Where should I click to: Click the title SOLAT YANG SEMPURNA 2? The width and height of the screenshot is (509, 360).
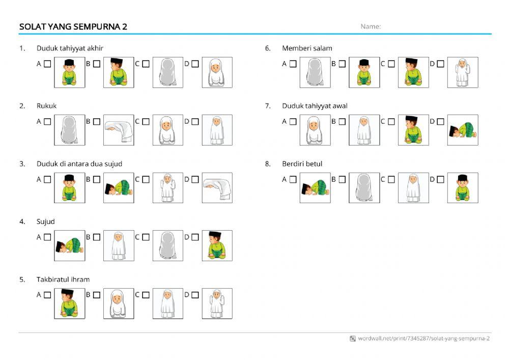coord(73,26)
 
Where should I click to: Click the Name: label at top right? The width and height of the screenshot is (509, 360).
coord(371,26)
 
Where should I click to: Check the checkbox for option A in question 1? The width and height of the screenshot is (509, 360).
coord(47,64)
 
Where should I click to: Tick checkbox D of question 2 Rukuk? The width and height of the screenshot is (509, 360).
coord(195,122)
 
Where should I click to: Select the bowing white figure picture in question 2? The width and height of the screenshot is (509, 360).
coord(119,130)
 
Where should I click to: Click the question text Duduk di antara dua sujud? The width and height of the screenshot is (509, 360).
coord(79,163)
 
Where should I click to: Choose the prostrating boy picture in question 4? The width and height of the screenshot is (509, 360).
coord(70,245)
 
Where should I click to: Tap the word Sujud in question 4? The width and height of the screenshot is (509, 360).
coord(45,221)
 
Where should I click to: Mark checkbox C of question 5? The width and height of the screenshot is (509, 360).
coord(146,295)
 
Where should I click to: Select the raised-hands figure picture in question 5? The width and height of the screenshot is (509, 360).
coord(217,303)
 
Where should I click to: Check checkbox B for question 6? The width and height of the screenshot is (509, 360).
coord(342,64)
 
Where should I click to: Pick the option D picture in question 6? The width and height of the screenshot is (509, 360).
coord(462,72)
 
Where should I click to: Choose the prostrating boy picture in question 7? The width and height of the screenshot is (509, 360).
coord(462,130)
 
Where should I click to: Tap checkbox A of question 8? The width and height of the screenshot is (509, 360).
coord(293,179)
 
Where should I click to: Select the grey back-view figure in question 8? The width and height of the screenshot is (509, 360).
coord(364,188)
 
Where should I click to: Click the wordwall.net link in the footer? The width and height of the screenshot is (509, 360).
coord(423,339)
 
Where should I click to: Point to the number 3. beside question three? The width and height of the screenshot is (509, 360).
coord(22,163)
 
